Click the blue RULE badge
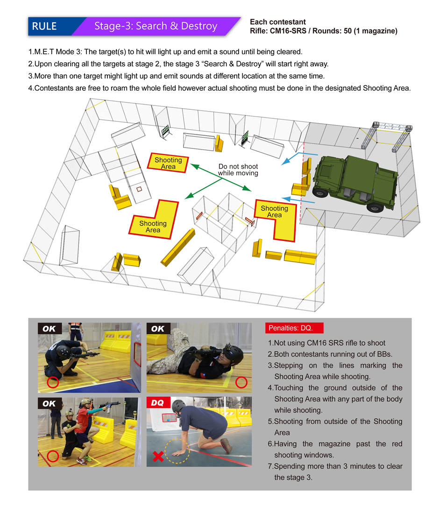[x=44, y=26]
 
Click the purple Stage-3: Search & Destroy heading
[x=156, y=26]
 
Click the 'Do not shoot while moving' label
[x=238, y=170]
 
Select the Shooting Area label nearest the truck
[x=274, y=211]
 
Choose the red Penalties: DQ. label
[x=290, y=328]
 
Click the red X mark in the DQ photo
[x=158, y=457]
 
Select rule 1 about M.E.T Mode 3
[x=172, y=51]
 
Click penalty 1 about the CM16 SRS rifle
[x=326, y=343]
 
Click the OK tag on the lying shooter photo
[x=157, y=329]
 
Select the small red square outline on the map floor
[x=139, y=189]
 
